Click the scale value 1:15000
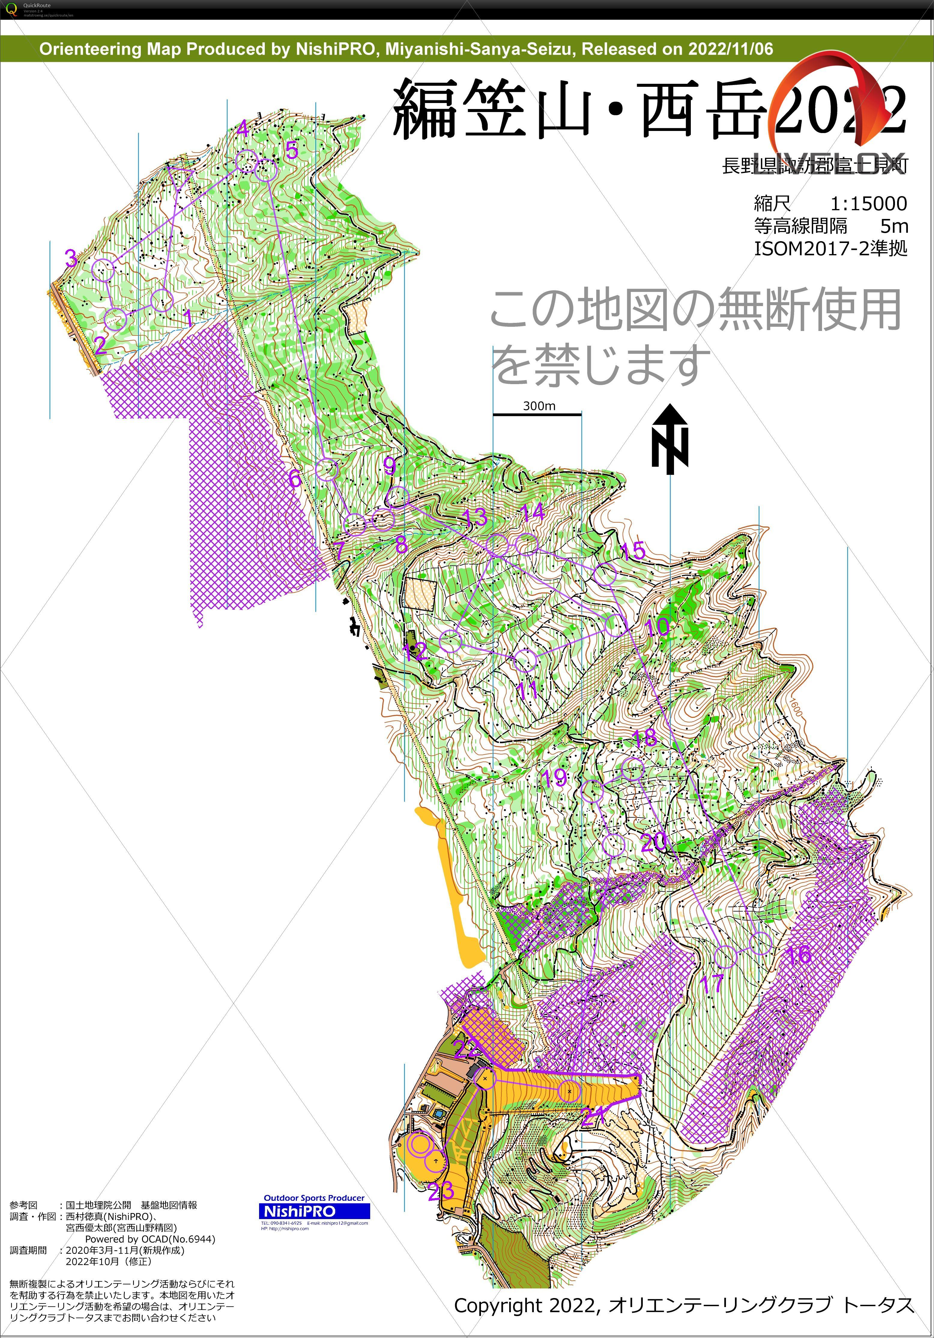868,203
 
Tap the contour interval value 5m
894,226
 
